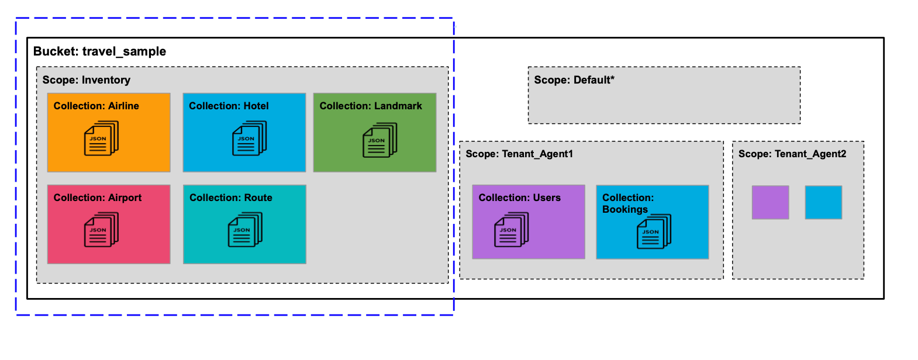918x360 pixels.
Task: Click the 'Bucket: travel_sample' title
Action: click(x=99, y=51)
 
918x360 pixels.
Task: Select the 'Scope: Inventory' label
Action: click(x=86, y=80)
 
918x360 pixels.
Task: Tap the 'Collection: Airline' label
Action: click(x=96, y=106)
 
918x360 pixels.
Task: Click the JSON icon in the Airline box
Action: click(x=101, y=139)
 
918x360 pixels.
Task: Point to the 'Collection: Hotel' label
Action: click(x=229, y=106)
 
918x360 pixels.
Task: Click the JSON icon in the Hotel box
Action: click(x=249, y=139)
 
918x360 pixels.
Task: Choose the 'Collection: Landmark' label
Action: click(x=370, y=106)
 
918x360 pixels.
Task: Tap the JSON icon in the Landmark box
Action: click(x=379, y=140)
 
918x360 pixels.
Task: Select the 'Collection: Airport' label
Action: click(x=97, y=198)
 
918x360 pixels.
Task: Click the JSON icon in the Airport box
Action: click(x=101, y=230)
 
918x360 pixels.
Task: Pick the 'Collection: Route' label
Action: click(x=230, y=198)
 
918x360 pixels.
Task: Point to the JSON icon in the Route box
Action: click(x=245, y=230)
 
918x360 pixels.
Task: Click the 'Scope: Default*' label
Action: click(x=574, y=80)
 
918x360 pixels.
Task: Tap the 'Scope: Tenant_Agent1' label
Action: click(x=519, y=154)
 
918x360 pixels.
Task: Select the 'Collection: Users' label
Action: click(x=519, y=198)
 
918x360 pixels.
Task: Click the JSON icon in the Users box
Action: click(x=511, y=230)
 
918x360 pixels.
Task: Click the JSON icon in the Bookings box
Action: click(x=654, y=231)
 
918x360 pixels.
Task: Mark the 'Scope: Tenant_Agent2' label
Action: click(x=792, y=154)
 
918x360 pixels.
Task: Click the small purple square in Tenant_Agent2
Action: click(x=770, y=202)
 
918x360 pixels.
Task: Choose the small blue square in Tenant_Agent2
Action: click(x=823, y=202)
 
